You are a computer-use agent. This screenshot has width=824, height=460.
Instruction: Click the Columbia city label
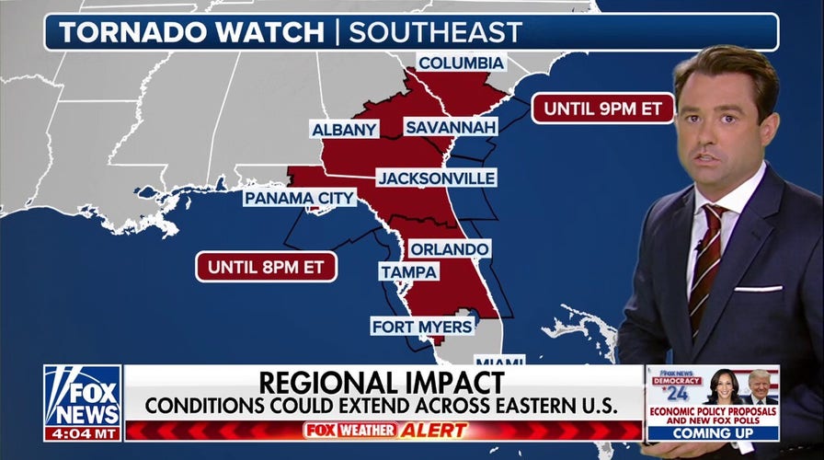(x=461, y=63)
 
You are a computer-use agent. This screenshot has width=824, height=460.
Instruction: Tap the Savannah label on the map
(x=451, y=127)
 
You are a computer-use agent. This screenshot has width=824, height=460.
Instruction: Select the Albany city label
(x=345, y=130)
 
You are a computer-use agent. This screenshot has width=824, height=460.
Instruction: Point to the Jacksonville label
(x=436, y=178)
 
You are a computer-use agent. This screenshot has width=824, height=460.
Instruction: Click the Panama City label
(x=299, y=198)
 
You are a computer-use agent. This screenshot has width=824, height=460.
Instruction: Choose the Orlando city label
(x=449, y=249)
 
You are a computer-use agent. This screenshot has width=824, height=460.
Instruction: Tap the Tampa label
(x=408, y=271)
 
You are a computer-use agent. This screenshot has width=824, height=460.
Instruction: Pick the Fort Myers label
(x=422, y=326)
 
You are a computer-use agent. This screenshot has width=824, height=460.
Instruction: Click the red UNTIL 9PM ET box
(x=602, y=108)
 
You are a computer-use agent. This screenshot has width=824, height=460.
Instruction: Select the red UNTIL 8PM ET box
(x=266, y=267)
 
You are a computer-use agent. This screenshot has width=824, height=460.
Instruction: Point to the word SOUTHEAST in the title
(x=435, y=32)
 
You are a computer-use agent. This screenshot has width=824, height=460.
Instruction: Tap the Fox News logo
(x=83, y=395)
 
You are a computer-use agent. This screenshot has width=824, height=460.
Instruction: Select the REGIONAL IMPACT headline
(x=381, y=382)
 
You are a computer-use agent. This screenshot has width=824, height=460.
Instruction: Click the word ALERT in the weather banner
(x=434, y=430)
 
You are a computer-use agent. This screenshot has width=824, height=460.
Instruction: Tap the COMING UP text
(x=712, y=431)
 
